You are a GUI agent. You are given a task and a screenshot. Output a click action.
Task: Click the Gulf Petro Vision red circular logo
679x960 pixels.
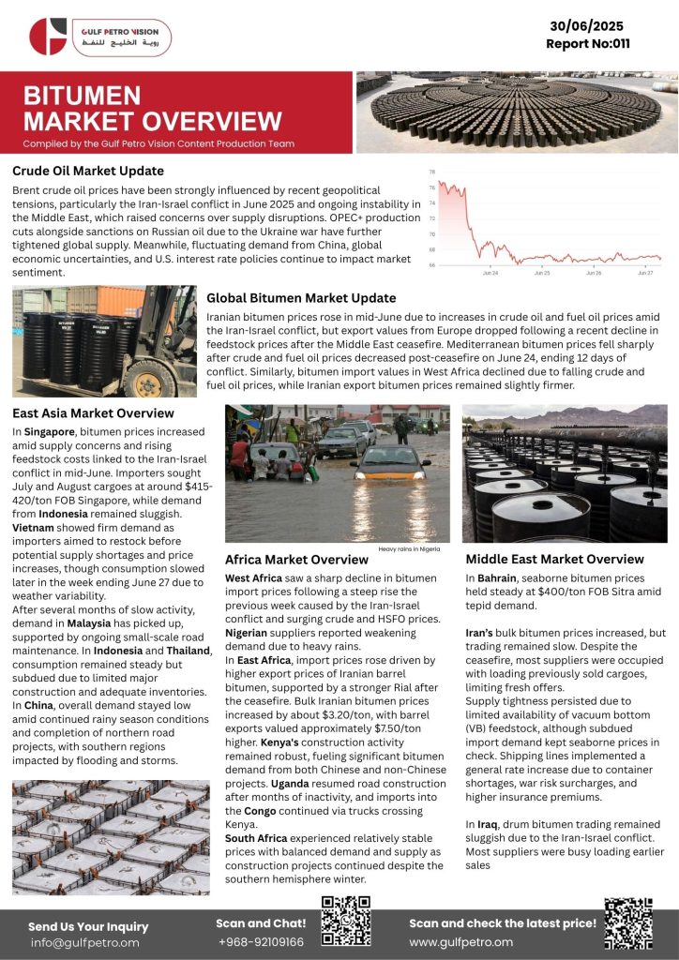click(48, 37)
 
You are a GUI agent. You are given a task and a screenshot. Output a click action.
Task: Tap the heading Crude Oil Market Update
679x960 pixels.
click(88, 171)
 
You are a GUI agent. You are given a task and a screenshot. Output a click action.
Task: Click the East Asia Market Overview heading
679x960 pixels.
click(93, 412)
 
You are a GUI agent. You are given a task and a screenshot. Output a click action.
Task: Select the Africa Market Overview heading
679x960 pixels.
click(296, 560)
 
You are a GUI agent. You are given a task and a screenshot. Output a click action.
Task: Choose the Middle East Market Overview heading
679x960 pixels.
click(554, 559)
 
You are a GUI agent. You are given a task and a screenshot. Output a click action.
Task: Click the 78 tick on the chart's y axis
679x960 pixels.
click(431, 172)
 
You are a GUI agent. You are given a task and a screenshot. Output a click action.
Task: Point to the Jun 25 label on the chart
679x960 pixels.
click(542, 273)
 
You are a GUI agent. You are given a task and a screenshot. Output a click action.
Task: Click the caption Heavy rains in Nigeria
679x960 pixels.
click(409, 548)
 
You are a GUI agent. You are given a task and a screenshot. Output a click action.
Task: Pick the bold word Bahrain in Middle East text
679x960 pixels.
click(496, 578)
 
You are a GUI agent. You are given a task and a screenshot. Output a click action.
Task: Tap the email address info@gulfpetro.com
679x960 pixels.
click(84, 942)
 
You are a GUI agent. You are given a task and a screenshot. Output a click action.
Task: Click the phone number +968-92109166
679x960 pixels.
click(261, 941)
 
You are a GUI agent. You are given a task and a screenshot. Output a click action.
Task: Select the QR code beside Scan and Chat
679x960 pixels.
click(346, 922)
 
